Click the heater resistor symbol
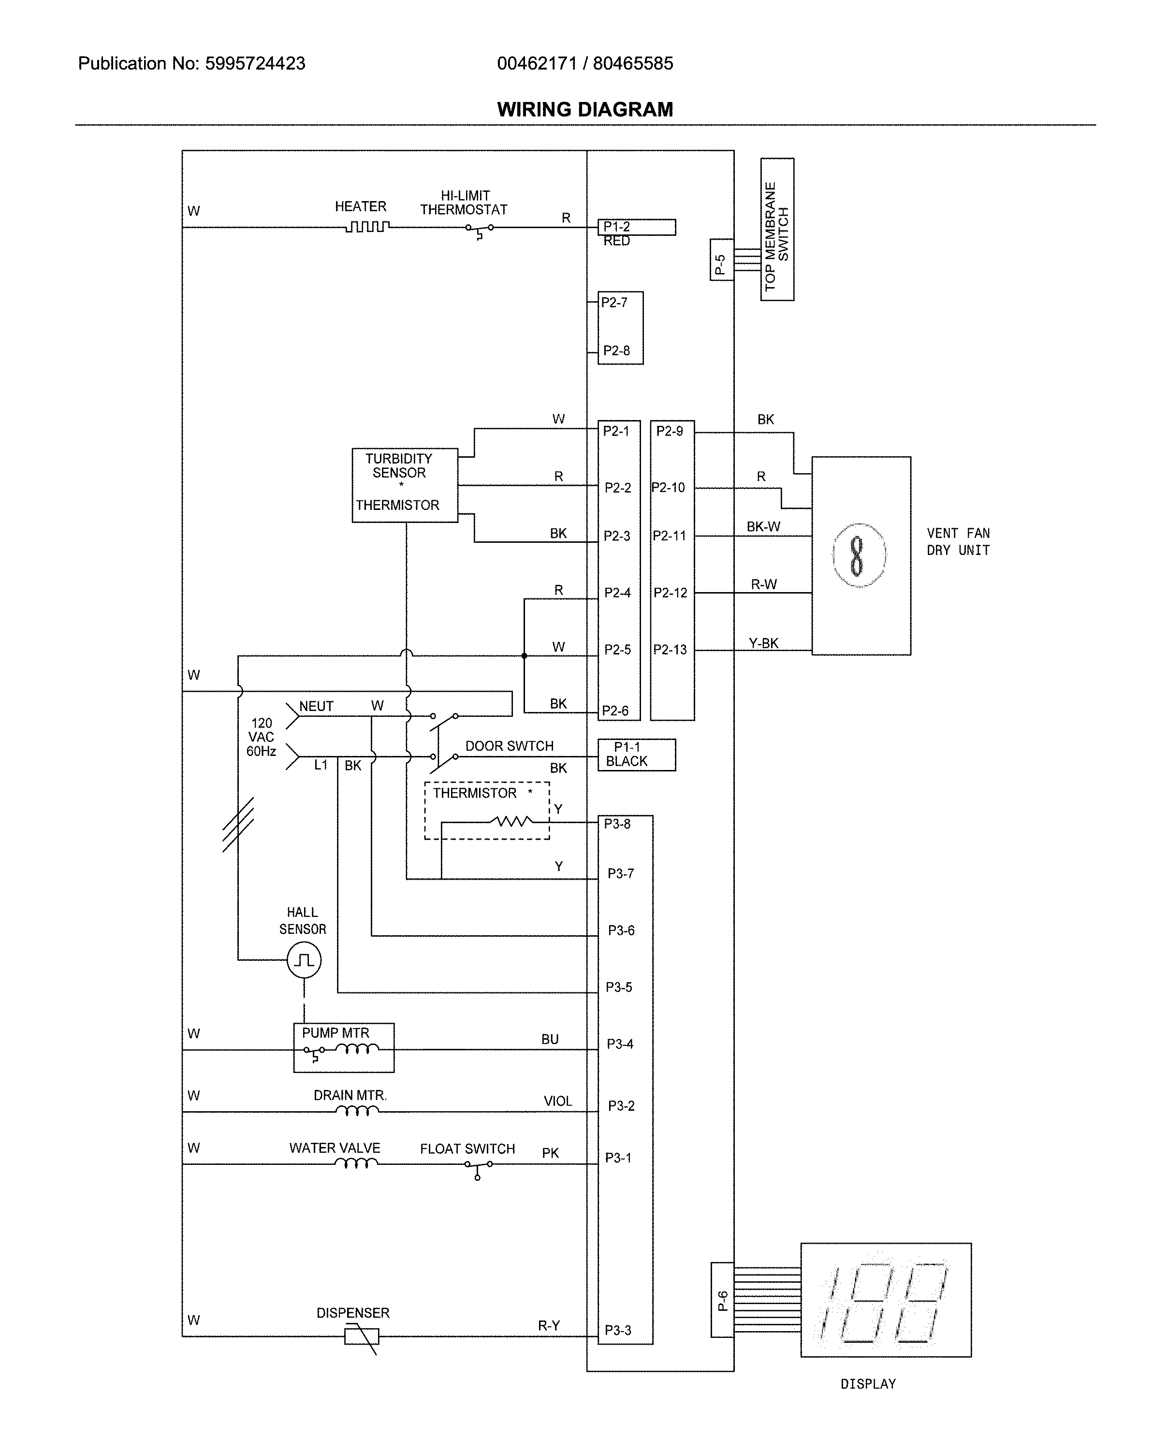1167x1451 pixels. (367, 227)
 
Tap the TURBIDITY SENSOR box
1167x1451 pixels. (405, 485)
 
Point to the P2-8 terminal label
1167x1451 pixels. (616, 350)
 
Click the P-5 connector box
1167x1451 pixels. (721, 259)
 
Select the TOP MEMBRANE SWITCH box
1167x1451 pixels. (777, 230)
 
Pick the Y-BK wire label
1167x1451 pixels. (763, 643)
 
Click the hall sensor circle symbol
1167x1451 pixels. (304, 960)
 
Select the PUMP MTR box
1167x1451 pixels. (343, 1047)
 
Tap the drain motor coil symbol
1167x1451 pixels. (357, 1111)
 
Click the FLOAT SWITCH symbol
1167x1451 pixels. (478, 1168)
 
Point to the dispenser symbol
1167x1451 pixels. (362, 1336)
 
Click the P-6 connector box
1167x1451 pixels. (722, 1300)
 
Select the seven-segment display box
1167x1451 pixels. (885, 1300)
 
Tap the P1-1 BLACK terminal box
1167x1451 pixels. (636, 755)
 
